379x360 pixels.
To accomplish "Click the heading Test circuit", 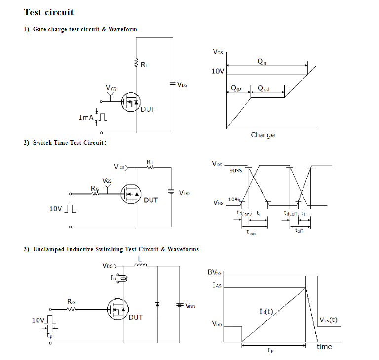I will [x=49, y=12].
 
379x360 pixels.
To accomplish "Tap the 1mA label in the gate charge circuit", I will [x=85, y=118].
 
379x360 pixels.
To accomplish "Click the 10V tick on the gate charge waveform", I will [x=218, y=72].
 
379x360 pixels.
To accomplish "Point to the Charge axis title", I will [x=263, y=135].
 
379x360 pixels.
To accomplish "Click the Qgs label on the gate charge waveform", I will [x=236, y=89].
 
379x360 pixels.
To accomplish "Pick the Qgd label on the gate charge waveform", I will [x=264, y=89].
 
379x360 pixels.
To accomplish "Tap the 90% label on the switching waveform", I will [x=235, y=171].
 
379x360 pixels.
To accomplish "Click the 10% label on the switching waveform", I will [x=234, y=200].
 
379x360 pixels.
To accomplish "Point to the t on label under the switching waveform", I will [x=251, y=232].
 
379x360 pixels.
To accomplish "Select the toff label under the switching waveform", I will [x=299, y=231].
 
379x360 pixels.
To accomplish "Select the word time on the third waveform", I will [x=324, y=347].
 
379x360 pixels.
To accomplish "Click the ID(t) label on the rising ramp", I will [x=266, y=311].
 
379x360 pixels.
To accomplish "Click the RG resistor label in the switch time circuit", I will [x=95, y=188].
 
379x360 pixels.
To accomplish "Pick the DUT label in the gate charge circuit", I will [x=148, y=109].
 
